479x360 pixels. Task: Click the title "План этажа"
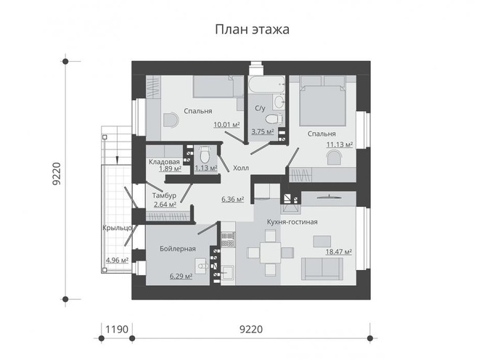click(x=252, y=30)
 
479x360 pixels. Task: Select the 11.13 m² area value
click(x=339, y=144)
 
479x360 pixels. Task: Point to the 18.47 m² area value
click(x=339, y=251)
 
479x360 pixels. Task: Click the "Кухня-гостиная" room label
click(x=292, y=221)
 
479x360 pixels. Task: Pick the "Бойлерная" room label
click(x=178, y=249)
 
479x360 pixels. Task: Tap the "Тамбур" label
click(x=165, y=195)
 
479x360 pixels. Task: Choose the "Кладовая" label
click(x=164, y=161)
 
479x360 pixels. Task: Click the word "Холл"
click(x=240, y=168)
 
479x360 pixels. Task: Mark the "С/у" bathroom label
click(x=259, y=109)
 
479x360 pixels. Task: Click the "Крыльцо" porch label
click(x=117, y=228)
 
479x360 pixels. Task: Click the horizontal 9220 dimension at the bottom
click(x=250, y=330)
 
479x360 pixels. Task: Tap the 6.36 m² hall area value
click(x=232, y=198)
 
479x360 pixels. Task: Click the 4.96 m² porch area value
click(x=117, y=260)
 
